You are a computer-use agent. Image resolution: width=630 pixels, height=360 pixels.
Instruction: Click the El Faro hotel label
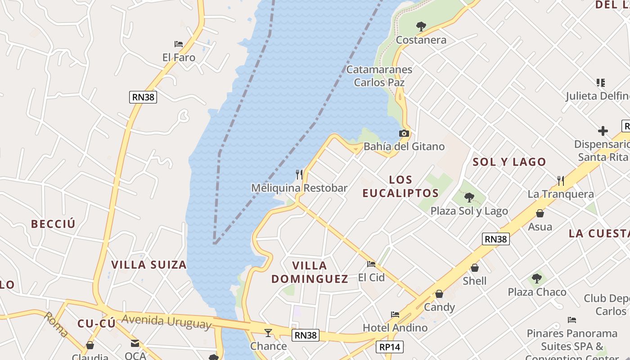(x=179, y=58)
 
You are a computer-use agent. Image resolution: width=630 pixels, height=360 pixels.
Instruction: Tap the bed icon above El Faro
(x=179, y=44)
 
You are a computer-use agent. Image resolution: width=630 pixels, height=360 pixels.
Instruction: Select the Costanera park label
(x=421, y=40)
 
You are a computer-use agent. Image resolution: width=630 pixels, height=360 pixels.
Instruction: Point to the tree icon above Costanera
(x=421, y=27)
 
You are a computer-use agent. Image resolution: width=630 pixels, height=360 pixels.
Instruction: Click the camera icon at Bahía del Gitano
(x=404, y=133)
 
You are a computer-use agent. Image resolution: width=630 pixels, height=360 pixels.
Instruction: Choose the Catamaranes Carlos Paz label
(x=379, y=76)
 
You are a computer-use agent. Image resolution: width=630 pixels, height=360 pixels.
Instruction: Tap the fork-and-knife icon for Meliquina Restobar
(x=299, y=174)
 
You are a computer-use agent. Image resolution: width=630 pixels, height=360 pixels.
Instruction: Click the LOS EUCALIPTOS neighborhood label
(x=400, y=186)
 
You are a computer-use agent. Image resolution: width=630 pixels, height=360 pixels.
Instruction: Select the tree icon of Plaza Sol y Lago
(x=469, y=197)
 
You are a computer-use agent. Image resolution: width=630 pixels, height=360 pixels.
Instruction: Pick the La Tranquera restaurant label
(x=561, y=194)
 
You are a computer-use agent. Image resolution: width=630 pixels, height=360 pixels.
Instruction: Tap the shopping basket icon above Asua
(x=540, y=213)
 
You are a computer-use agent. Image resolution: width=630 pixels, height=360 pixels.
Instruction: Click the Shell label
(x=475, y=281)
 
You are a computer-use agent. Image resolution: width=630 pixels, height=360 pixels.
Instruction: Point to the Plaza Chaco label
(x=537, y=292)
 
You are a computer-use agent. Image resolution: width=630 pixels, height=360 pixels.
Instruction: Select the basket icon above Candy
(x=439, y=294)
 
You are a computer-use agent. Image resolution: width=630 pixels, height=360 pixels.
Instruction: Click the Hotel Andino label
(x=395, y=328)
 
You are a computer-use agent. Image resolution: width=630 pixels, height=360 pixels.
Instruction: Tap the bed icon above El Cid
(x=371, y=264)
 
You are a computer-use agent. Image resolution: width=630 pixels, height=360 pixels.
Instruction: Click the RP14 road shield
(x=390, y=347)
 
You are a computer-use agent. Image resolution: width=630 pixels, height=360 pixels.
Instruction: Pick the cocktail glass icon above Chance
(x=268, y=333)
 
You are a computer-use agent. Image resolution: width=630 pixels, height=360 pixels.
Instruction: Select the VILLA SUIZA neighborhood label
(x=149, y=265)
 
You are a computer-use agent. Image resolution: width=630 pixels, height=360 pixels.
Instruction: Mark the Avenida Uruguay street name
(x=166, y=321)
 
